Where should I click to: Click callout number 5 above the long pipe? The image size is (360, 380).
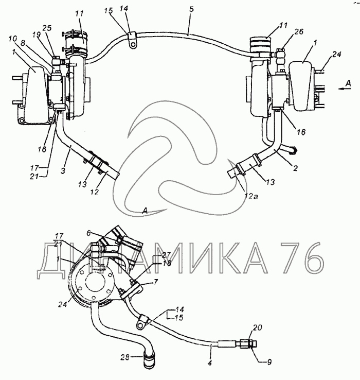[x=191, y=10]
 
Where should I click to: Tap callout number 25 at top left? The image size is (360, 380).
[x=47, y=28]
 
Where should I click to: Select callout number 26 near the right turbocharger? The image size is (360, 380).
[x=299, y=32]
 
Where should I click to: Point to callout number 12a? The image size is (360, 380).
[x=250, y=196]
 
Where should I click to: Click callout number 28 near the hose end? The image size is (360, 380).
[x=125, y=357]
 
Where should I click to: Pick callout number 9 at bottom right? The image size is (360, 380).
[x=269, y=362]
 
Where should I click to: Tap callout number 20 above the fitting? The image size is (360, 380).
[x=257, y=327]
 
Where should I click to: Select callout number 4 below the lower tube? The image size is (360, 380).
[x=210, y=364]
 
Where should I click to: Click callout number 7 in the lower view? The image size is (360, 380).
[x=156, y=282]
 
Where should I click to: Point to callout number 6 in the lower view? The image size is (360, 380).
[x=88, y=233]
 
